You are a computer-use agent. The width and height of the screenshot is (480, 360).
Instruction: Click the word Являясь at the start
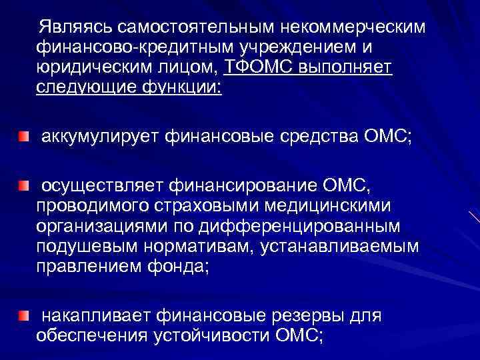pyautogui.click(x=75, y=27)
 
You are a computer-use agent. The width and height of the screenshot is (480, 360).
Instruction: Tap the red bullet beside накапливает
pyautogui.click(x=24, y=315)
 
